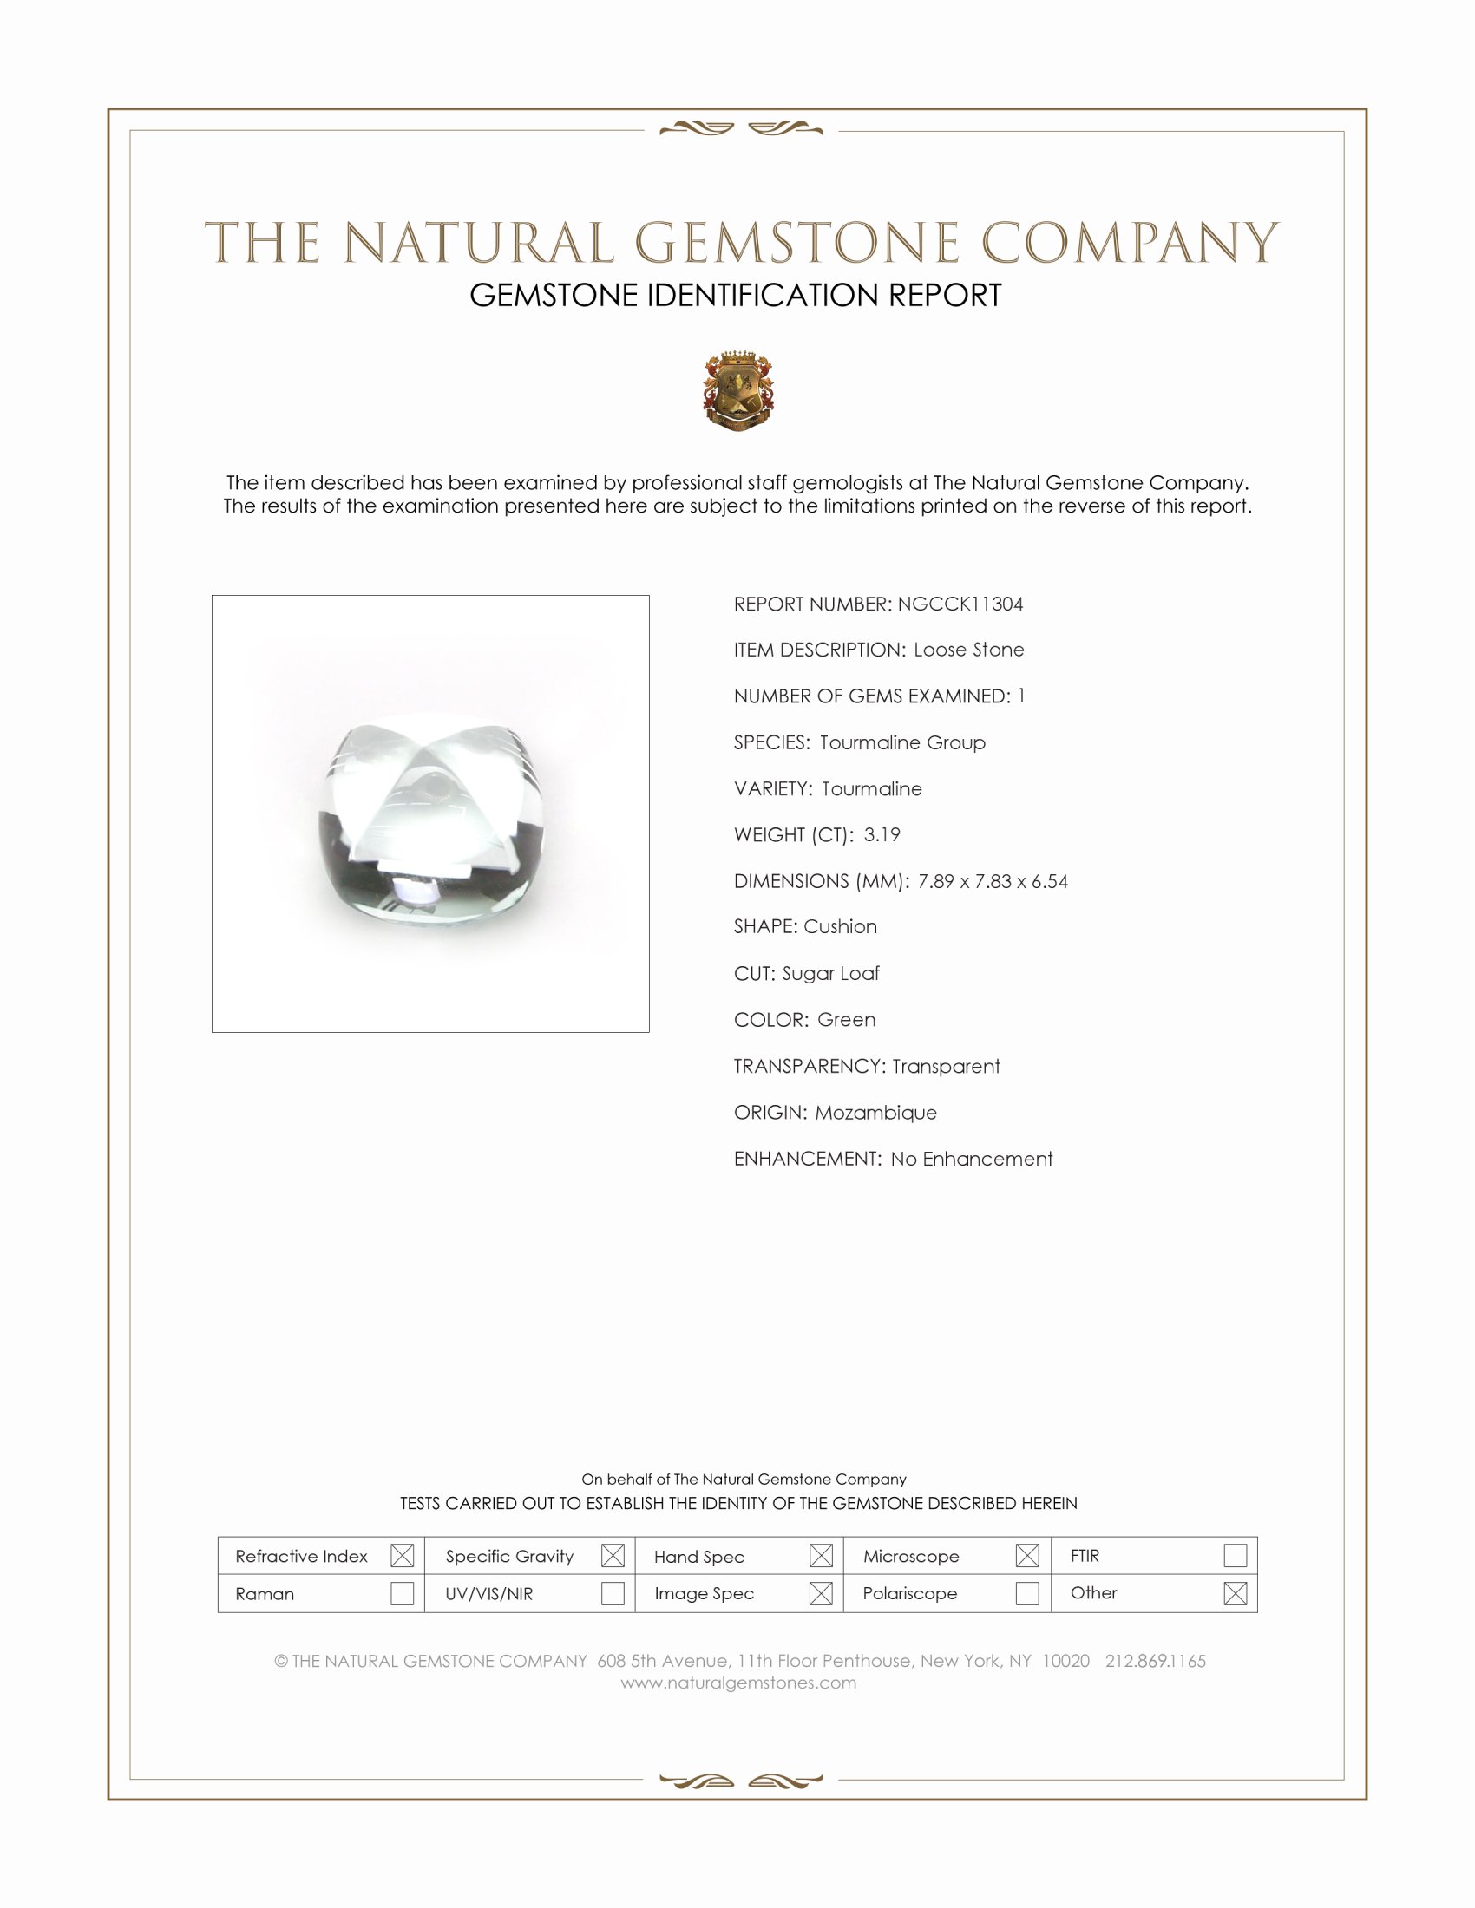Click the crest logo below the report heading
[738, 391]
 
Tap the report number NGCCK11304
[960, 604]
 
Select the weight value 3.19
[882, 834]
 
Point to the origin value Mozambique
[875, 1112]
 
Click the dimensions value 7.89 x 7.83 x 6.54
[993, 880]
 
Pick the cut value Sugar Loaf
[830, 973]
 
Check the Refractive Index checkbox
[402, 1556]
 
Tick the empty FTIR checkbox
[1235, 1556]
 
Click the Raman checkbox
[402, 1593]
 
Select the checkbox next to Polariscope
[1026, 1593]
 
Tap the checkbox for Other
[1235, 1593]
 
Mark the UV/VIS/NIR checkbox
[613, 1593]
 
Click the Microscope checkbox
[1026, 1556]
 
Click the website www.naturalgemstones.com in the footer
[738, 1683]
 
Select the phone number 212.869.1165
[1155, 1661]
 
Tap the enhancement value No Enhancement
[972, 1159]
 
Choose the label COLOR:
[771, 1020]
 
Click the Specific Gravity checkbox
[613, 1556]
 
